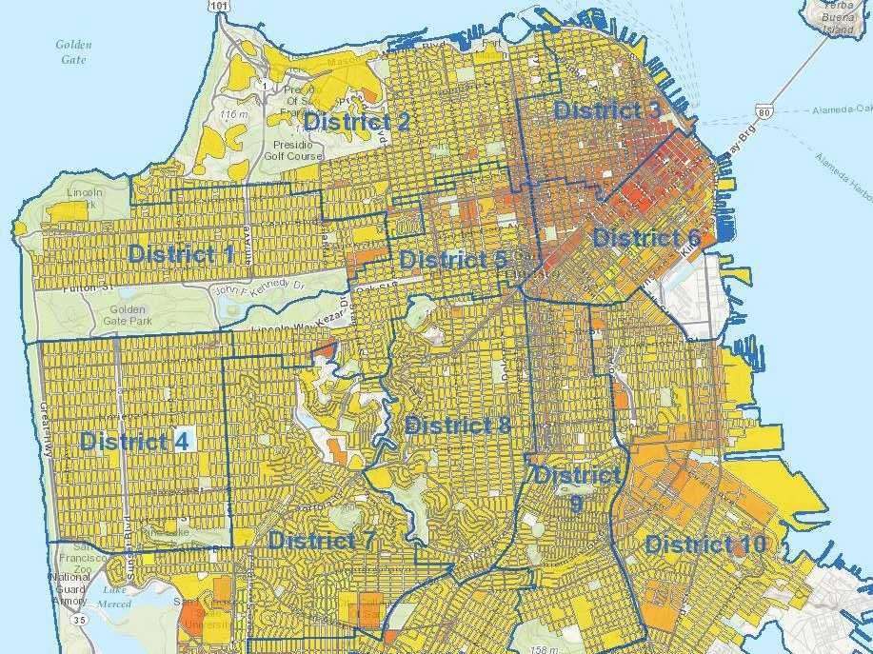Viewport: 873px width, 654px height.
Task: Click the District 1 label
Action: click(181, 253)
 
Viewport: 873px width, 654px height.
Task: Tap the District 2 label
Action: click(357, 122)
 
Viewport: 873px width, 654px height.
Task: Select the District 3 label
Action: click(607, 109)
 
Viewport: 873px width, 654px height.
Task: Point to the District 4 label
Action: click(134, 441)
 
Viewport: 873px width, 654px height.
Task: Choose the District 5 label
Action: click(452, 260)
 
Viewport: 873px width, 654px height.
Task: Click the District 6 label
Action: click(647, 238)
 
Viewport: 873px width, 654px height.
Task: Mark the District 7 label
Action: click(322, 541)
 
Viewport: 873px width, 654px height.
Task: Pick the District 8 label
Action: click(458, 425)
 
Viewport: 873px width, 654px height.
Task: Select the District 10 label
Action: click(705, 545)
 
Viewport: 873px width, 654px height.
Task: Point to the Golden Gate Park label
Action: click(126, 316)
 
